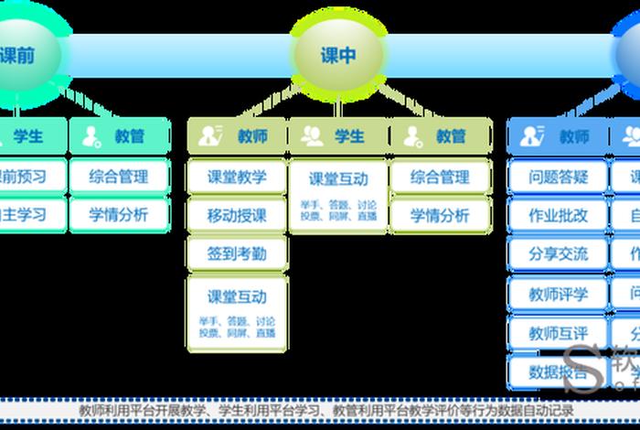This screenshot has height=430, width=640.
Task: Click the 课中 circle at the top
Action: pyautogui.click(x=338, y=55)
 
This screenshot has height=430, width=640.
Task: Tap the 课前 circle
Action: pyautogui.click(x=18, y=55)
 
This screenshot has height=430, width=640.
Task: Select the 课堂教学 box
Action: pyautogui.click(x=237, y=177)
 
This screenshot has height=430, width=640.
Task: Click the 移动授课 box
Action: pyautogui.click(x=237, y=216)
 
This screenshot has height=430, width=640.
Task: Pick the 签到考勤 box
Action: pyautogui.click(x=237, y=253)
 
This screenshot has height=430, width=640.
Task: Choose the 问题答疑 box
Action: pyautogui.click(x=558, y=177)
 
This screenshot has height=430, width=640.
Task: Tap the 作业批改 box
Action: pyautogui.click(x=558, y=216)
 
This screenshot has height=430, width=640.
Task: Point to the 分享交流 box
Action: pyautogui.click(x=558, y=253)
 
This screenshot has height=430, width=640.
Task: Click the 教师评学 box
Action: pyautogui.click(x=558, y=295)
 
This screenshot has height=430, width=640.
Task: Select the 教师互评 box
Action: pyautogui.click(x=558, y=333)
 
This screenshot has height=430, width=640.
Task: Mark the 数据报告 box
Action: pyautogui.click(x=558, y=371)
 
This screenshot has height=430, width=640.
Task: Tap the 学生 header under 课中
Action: pyautogui.click(x=338, y=136)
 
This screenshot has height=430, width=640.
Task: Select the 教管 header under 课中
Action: pyautogui.click(x=440, y=136)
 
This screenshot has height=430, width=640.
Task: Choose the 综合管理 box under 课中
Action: pyautogui.click(x=440, y=177)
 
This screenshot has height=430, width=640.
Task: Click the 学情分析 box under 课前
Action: pyautogui.click(x=119, y=216)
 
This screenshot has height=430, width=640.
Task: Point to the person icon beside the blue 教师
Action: pyautogui.click(x=531, y=136)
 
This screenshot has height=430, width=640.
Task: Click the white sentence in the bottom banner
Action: pyautogui.click(x=325, y=411)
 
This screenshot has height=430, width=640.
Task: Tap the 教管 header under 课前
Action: pyautogui.click(x=119, y=136)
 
